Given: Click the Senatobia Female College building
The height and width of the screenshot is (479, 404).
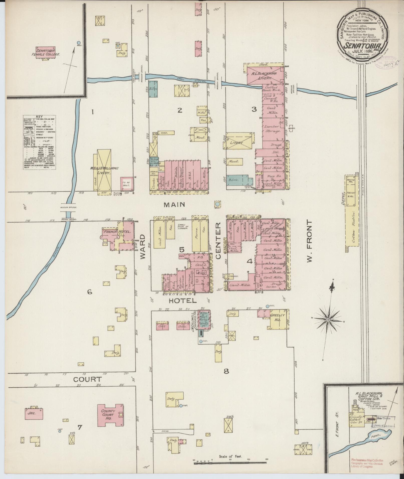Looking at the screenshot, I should click(x=46, y=53).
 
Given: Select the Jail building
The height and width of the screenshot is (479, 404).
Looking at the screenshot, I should click(x=33, y=414).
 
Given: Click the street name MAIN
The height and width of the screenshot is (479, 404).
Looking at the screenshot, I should click(x=174, y=205).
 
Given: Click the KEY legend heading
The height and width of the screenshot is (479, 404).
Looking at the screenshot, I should click(x=39, y=117).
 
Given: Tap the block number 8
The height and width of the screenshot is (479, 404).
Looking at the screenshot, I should click(x=226, y=371).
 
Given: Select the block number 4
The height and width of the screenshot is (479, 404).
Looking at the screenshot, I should click(x=249, y=261).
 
